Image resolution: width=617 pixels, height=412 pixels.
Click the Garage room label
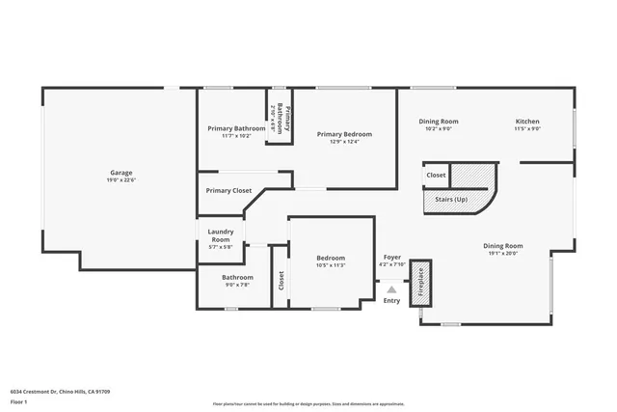(121, 173)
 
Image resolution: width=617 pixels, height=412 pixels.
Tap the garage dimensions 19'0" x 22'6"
(121, 180)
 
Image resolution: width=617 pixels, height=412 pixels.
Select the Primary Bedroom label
(344, 134)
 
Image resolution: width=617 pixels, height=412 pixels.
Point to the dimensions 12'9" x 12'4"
(344, 142)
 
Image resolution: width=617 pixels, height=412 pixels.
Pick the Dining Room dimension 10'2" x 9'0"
(439, 128)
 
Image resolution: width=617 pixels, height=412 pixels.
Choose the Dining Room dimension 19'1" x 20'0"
(501, 253)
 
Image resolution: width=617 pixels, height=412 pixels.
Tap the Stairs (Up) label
(452, 201)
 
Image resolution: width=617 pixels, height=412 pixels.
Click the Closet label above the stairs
(437, 176)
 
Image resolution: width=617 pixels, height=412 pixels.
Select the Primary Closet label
(228, 190)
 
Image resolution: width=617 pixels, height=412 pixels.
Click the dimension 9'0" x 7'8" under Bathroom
(237, 285)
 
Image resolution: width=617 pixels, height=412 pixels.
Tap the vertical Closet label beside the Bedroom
(282, 280)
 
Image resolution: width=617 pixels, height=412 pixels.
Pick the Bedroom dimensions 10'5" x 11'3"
(332, 265)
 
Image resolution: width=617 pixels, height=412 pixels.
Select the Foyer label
(392, 258)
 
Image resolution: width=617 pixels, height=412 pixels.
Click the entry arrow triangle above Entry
(391, 288)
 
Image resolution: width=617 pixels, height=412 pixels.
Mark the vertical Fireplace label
(420, 284)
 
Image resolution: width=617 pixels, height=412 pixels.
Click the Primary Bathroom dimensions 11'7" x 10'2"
(236, 136)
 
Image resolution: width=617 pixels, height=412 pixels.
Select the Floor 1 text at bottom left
(18, 401)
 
